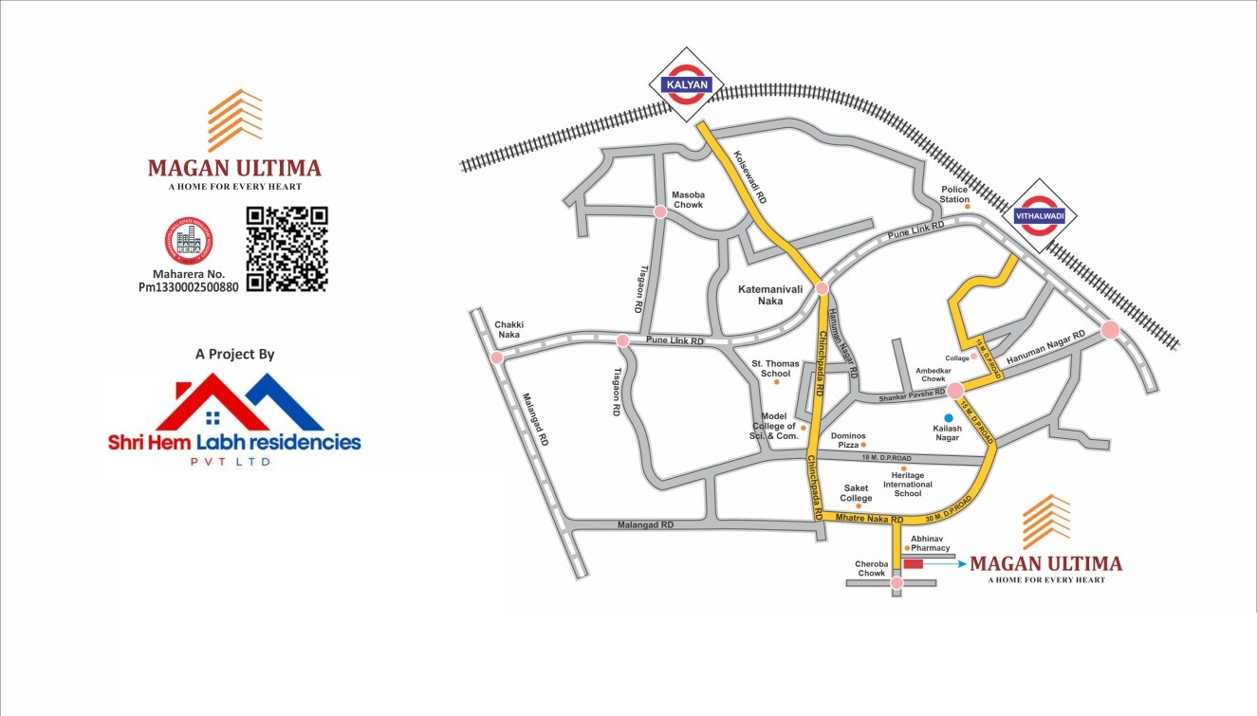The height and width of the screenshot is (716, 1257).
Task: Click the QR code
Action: click(287, 248)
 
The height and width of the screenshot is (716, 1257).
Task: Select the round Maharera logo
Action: click(190, 240)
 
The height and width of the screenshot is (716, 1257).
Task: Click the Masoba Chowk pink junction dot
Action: click(660, 212)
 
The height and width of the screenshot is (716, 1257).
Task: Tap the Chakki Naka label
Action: click(508, 329)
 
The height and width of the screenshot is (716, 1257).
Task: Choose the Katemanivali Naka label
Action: click(765, 293)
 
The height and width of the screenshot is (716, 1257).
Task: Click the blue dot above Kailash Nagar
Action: click(947, 417)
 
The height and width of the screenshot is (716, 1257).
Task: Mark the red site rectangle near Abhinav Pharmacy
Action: click(913, 564)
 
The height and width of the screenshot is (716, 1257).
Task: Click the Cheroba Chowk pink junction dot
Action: click(897, 583)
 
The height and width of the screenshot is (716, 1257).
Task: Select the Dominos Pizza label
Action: click(848, 441)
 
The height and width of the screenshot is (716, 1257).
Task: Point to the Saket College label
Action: click(856, 493)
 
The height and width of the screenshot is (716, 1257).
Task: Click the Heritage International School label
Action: click(908, 484)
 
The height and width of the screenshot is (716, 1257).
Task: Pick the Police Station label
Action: click(954, 194)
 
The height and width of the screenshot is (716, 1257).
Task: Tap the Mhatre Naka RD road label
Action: click(866, 519)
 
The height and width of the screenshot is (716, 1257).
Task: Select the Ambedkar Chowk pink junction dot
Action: click(955, 389)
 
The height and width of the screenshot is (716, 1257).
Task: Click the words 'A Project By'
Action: click(234, 354)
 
